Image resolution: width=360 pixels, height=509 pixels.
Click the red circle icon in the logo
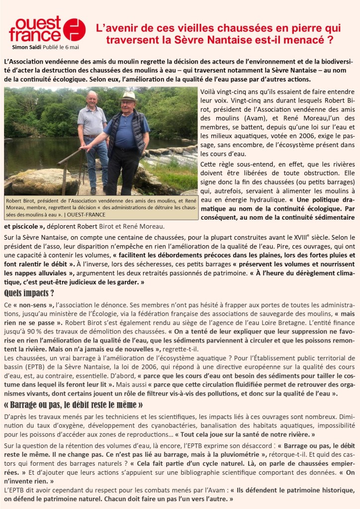75,30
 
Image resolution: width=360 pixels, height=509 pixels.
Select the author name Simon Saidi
27,47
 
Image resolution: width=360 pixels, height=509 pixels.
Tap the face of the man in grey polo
92,100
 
